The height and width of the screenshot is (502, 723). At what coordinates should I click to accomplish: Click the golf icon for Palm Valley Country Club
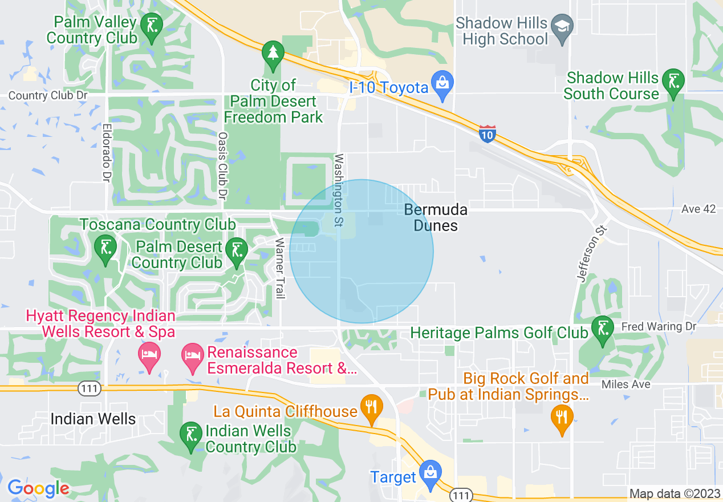click(152, 26)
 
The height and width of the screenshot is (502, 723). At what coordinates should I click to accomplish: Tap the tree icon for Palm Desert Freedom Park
click(273, 54)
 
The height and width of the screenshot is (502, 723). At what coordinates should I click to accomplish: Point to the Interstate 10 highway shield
click(487, 133)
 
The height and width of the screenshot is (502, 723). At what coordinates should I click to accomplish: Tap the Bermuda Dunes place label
click(436, 217)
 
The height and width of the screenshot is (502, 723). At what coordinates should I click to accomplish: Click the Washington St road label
click(339, 190)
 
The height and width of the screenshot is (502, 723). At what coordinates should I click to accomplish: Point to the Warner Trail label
click(279, 268)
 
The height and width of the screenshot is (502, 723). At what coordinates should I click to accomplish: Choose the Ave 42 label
click(698, 209)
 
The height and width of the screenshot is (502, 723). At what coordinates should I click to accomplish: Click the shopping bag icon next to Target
click(429, 473)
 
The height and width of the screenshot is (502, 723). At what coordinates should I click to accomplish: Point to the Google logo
click(38, 488)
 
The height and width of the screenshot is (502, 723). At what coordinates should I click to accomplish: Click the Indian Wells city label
click(93, 419)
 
